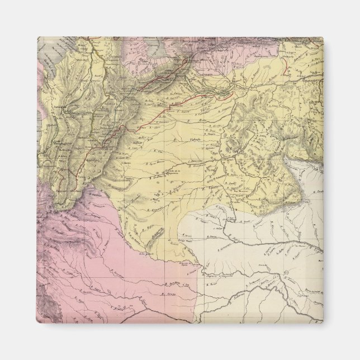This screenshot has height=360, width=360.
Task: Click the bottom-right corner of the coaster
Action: [323, 323]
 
